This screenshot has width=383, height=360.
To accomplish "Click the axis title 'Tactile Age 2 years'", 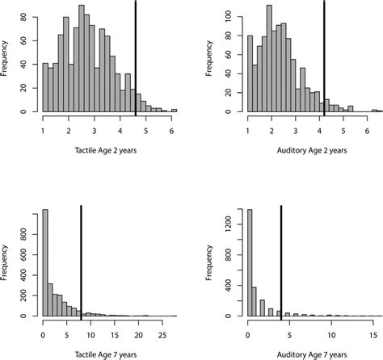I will point(107,150).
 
